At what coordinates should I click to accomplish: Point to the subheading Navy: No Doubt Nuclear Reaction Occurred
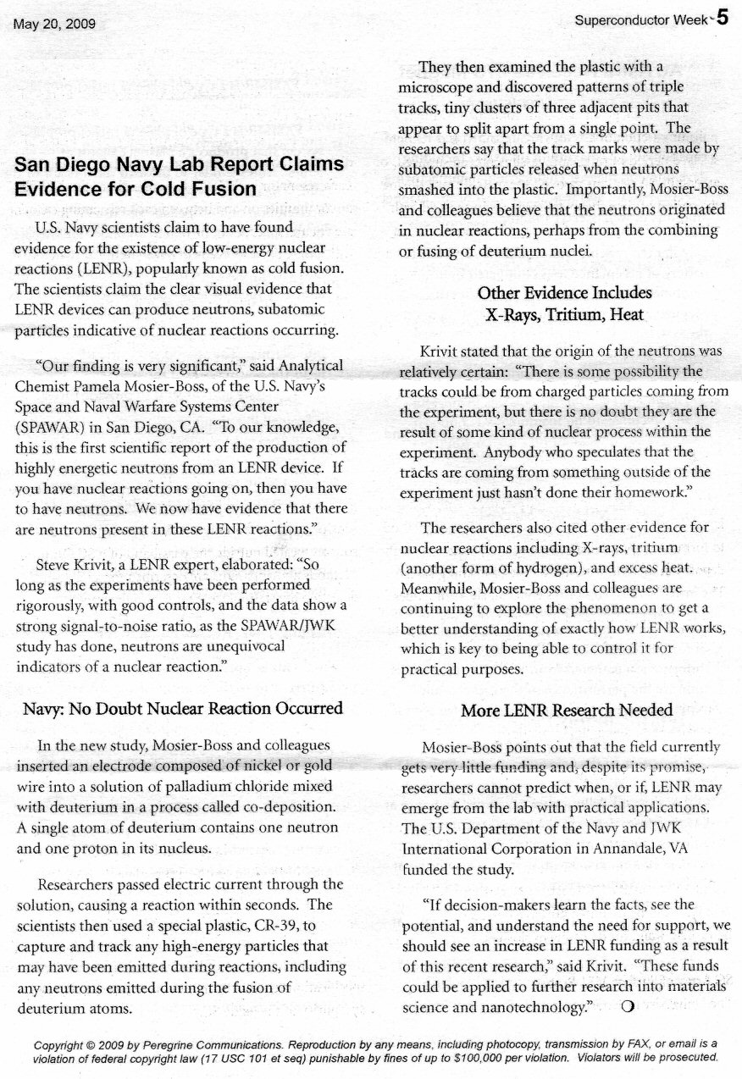point(182,707)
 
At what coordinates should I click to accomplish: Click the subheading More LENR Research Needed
point(567,710)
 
